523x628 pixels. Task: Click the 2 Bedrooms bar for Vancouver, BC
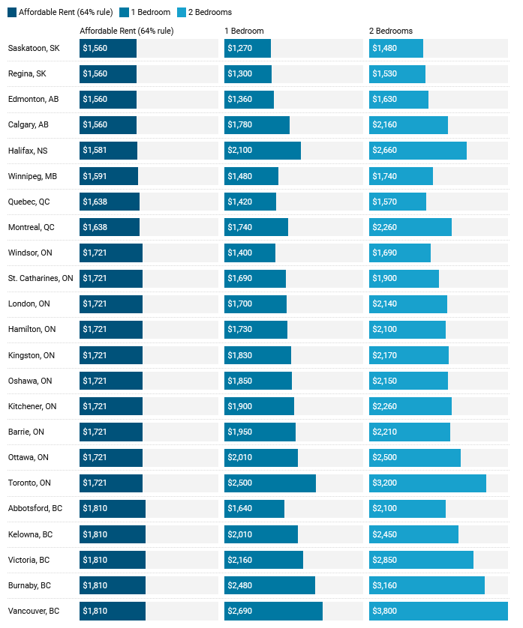438,611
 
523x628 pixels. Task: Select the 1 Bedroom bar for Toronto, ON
270,483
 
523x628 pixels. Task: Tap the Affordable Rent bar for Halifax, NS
109,151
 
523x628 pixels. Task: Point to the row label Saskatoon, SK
33,48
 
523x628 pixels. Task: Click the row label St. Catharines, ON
41,278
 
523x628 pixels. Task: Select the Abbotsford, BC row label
36,509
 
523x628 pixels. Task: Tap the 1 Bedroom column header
244,31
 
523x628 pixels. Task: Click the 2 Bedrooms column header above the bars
390,31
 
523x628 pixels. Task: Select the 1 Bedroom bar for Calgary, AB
257,125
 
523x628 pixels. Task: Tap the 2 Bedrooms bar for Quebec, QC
398,202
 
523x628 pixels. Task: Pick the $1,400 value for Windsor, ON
240,253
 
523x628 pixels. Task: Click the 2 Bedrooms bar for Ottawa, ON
415,458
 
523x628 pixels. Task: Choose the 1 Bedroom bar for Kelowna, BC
261,534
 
